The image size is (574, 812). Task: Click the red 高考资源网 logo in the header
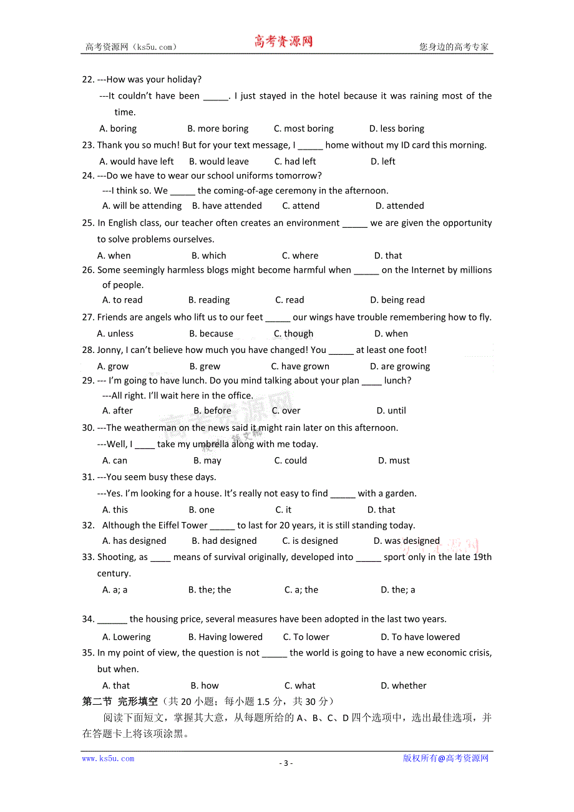[283, 42]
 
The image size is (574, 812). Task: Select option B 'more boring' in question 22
[218, 128]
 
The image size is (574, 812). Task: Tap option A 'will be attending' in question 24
[142, 206]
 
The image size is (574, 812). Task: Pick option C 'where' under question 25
[300, 256]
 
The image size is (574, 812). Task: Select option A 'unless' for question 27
[115, 334]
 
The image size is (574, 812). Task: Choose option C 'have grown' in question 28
[300, 367]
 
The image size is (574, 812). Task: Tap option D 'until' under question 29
[391, 410]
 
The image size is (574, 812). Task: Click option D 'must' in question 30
[394, 460]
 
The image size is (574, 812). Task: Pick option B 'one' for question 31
[202, 510]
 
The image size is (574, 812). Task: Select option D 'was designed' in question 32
[407, 541]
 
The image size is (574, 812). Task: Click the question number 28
[88, 350]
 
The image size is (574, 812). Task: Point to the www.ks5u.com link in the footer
[108, 758]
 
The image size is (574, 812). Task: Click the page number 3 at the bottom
[286, 763]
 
